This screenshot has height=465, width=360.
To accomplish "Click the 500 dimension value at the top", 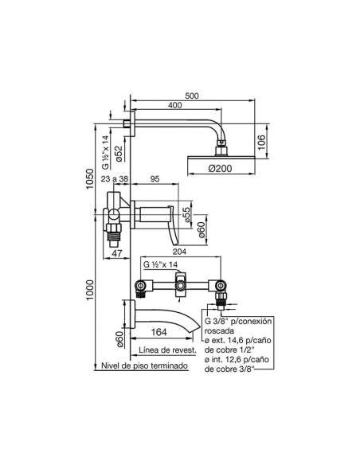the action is pos(192,96).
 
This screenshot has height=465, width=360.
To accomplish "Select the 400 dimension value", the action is pos(174,105).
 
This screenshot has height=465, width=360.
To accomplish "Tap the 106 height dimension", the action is pos(261,143).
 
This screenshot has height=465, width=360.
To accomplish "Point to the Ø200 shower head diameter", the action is pos(221,169).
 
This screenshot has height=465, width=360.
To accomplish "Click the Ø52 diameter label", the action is pos(119,154).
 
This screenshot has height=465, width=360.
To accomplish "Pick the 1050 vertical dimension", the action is pos(90,179).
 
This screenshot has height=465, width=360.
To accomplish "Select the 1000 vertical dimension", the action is pos(90,290).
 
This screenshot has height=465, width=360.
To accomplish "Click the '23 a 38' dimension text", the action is pos(115,179).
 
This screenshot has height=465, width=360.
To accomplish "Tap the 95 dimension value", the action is pos(155,179).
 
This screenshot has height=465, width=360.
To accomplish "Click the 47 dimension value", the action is pos(117,253).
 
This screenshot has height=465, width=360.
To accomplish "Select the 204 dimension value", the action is pos(179,252).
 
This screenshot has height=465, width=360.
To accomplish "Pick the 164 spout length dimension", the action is pos(159,332).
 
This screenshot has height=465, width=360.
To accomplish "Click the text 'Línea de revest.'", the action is pos(167,350).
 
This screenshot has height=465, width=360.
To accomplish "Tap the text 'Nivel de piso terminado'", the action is pos(144,365).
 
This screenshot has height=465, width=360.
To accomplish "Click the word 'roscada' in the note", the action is pos(219,330).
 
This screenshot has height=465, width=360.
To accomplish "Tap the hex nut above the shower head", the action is pos(221,143).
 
